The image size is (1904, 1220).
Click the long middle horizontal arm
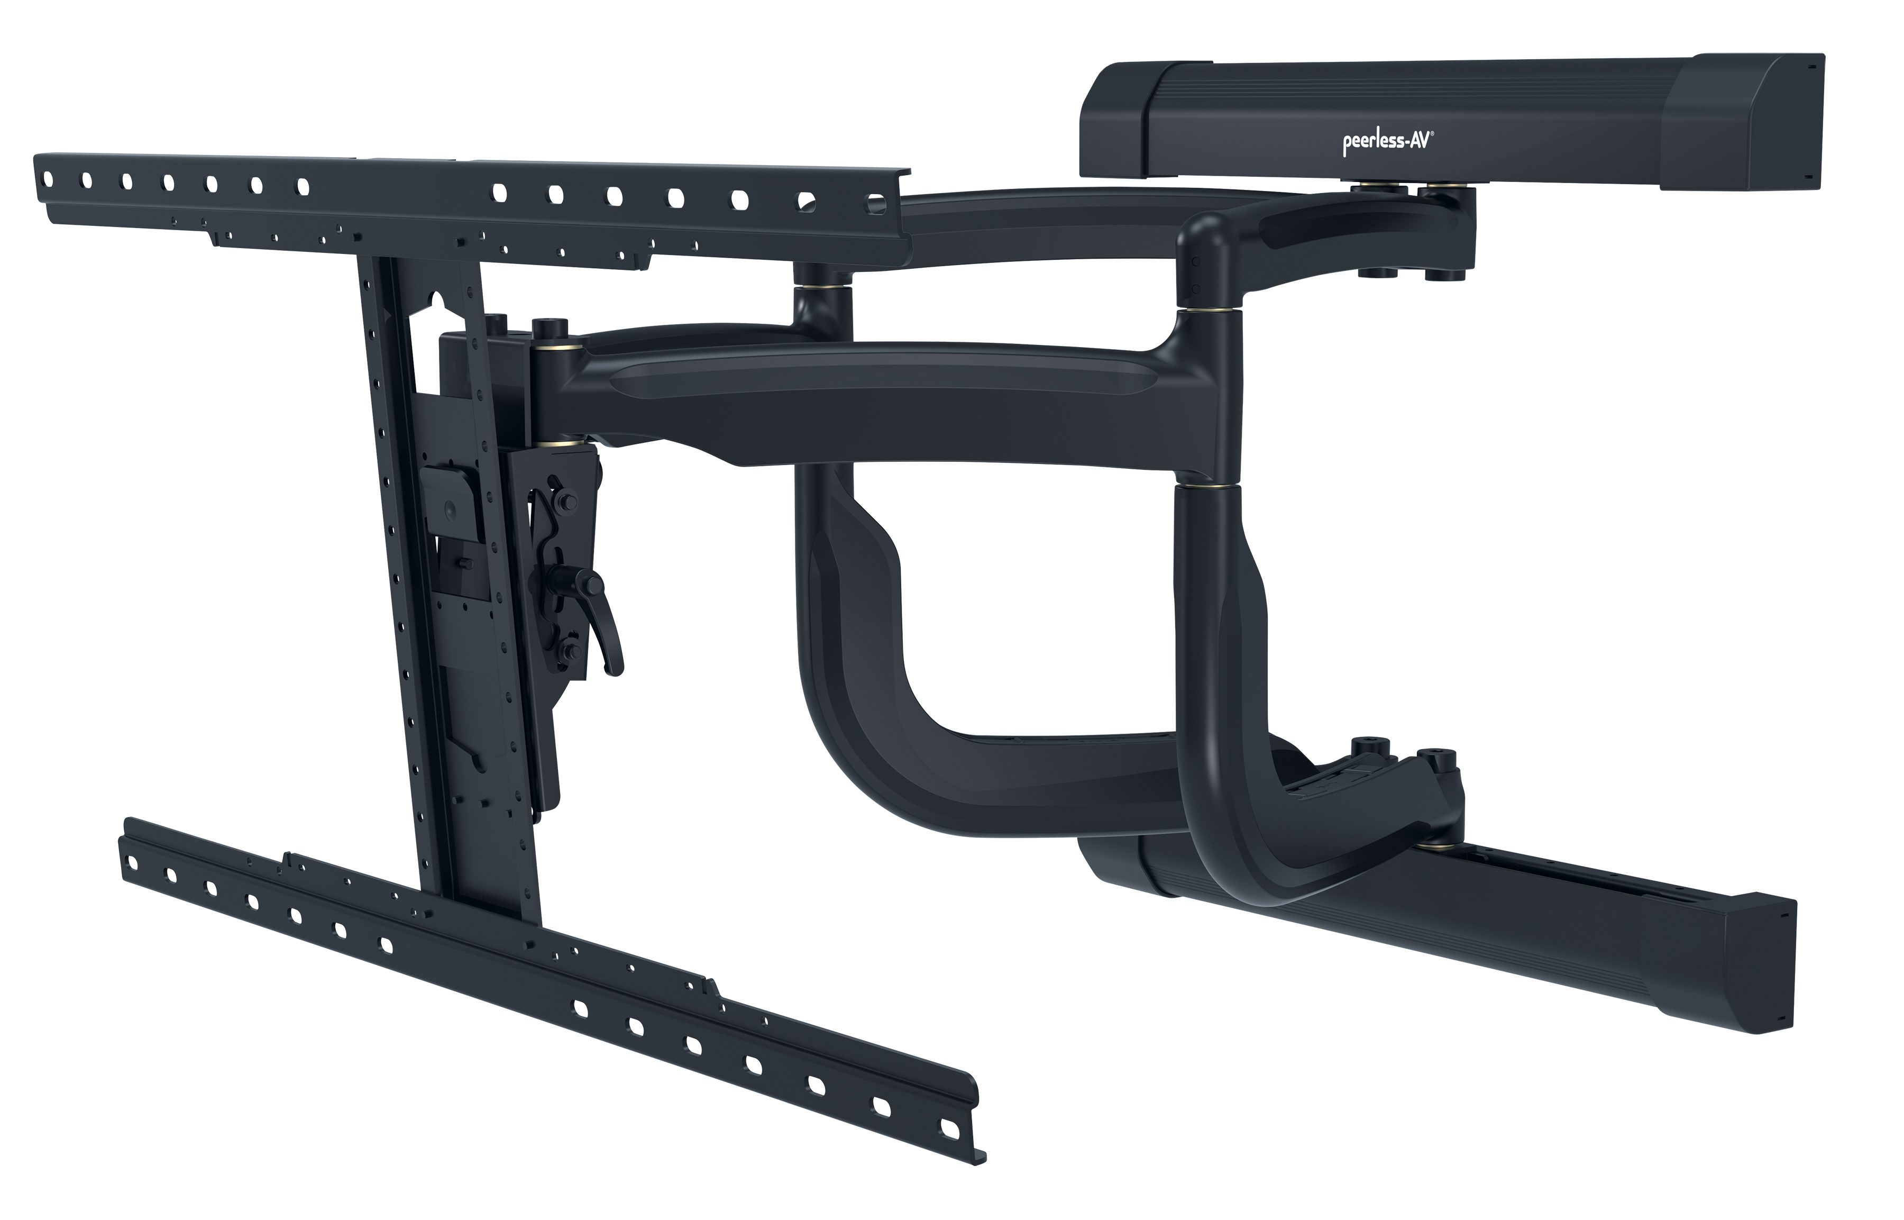[x=871, y=396]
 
